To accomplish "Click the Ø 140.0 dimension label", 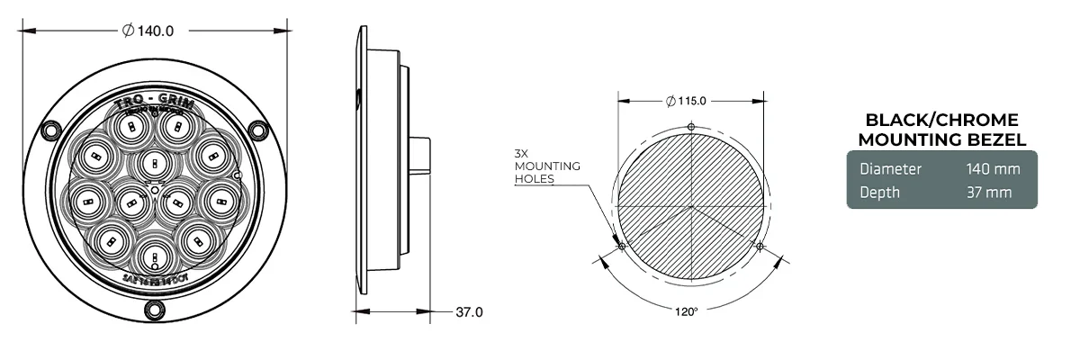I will tap(148, 30).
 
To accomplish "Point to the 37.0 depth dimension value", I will tap(469, 312).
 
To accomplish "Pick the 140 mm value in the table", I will tap(991, 168).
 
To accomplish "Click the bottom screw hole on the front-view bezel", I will tap(156, 310).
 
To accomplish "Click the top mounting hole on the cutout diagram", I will tap(690, 127).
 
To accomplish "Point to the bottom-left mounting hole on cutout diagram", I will tap(621, 246).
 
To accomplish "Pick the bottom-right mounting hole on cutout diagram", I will tap(760, 246).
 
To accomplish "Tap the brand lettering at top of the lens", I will tap(156, 102).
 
